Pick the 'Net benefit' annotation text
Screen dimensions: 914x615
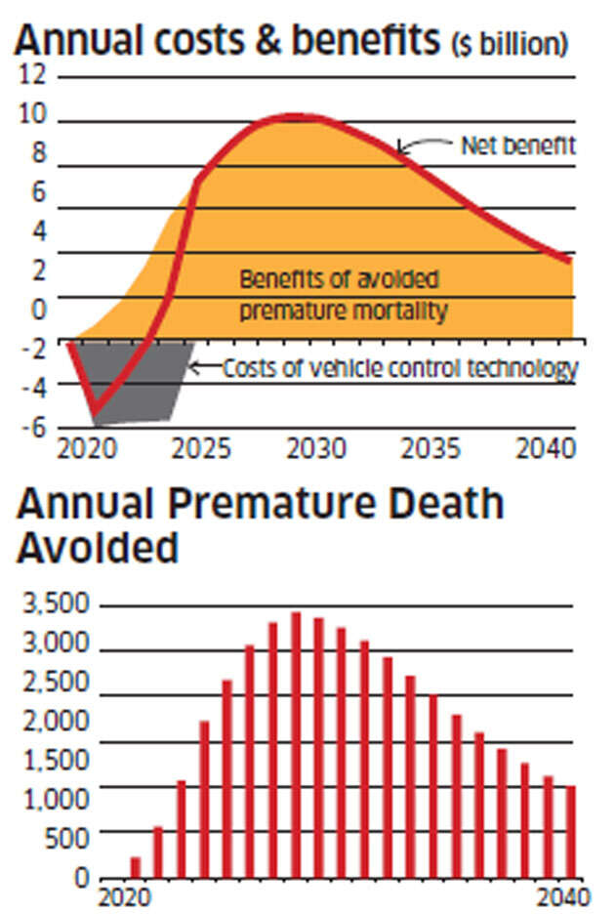coord(517,146)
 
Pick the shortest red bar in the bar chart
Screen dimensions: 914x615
coord(135,866)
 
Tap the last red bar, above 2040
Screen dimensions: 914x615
coord(571,831)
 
